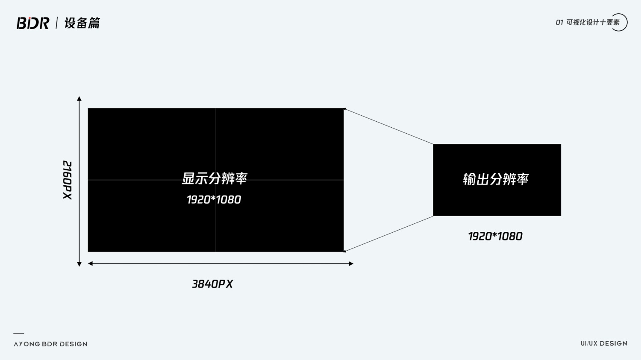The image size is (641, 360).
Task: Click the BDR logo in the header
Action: (33, 23)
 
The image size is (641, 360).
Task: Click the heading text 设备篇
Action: (82, 23)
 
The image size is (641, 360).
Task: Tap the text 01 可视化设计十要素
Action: (587, 22)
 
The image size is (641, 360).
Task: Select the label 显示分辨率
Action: (215, 178)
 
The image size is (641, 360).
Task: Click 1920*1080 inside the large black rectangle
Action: (214, 199)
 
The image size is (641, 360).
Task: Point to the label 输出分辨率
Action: (496, 179)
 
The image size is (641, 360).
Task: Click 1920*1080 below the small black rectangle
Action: (495, 236)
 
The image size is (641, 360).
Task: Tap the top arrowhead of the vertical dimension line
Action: (79, 99)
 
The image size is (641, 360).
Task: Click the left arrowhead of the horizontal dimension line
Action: (91, 263)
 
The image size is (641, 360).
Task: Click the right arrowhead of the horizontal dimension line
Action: (351, 263)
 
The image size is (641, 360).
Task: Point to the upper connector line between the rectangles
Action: (389, 126)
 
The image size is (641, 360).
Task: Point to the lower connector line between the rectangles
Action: (389, 234)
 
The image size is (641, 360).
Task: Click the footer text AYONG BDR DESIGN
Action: (50, 344)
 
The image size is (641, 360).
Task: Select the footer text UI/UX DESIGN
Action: (604, 343)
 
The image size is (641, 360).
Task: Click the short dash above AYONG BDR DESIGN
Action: (19, 334)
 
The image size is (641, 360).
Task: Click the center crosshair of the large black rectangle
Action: (216, 180)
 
